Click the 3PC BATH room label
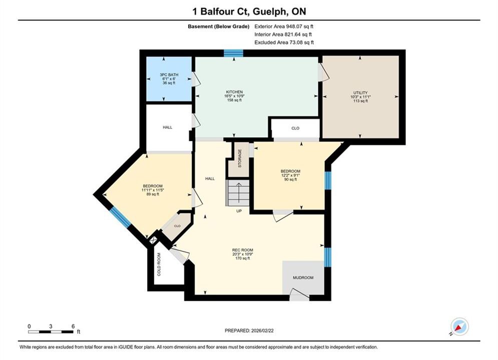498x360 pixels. pos(169,75)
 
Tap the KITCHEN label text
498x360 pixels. pos(234,92)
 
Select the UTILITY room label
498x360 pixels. pos(360,93)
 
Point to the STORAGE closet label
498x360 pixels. pos(240,158)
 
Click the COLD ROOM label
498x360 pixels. pos(159,264)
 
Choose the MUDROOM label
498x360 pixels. pos(303,277)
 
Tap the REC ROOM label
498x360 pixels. pos(243,250)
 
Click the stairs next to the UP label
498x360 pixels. pos(238,193)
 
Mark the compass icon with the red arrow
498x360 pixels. pos(459,326)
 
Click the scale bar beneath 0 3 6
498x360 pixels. pos(51,332)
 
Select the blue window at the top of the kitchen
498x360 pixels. pos(233,53)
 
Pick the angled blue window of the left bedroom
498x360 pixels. pos(120,217)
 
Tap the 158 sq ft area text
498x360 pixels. pos(234,100)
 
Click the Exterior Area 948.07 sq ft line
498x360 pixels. pos(284,26)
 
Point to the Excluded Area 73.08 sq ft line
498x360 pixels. pos(284,42)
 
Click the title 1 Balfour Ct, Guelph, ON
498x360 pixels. pos(249,11)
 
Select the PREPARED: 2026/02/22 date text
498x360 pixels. pos(249,330)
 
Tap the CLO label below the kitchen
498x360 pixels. pos(295,128)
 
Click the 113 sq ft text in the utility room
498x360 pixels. pos(360,101)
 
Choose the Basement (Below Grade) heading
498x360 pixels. pos(219,26)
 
